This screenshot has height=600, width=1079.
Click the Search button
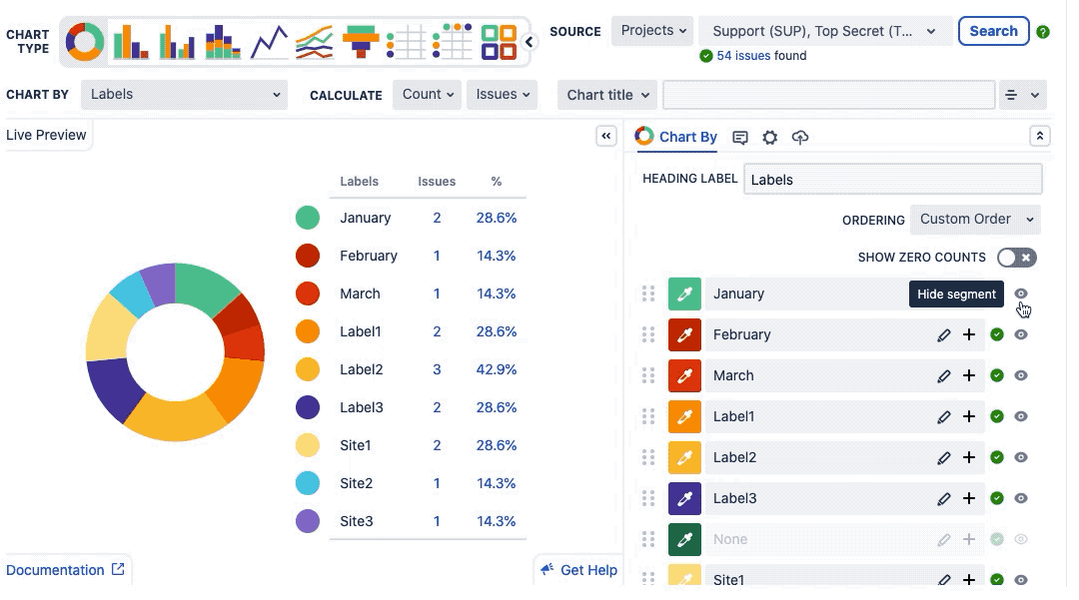coord(993,31)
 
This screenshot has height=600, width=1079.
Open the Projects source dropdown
coord(653,31)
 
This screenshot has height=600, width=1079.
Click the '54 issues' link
coord(743,56)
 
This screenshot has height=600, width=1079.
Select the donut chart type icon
coord(85,42)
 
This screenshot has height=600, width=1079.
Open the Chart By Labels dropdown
coord(184,95)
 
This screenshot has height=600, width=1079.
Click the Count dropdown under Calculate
coord(428,95)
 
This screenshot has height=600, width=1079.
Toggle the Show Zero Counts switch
coord(1017,258)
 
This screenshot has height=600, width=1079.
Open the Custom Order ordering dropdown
coord(974,220)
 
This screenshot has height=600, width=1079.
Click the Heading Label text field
coord(892,180)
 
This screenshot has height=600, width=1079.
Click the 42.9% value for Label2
coord(497,369)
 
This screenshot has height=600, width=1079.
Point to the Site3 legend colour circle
coord(308,521)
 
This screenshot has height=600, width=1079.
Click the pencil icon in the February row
coord(944,335)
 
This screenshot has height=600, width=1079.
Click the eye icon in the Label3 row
coord(1021,498)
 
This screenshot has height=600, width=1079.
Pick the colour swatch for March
coord(684,376)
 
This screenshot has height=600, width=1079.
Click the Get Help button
coord(578,570)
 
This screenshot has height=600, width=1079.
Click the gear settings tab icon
coord(769,138)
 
